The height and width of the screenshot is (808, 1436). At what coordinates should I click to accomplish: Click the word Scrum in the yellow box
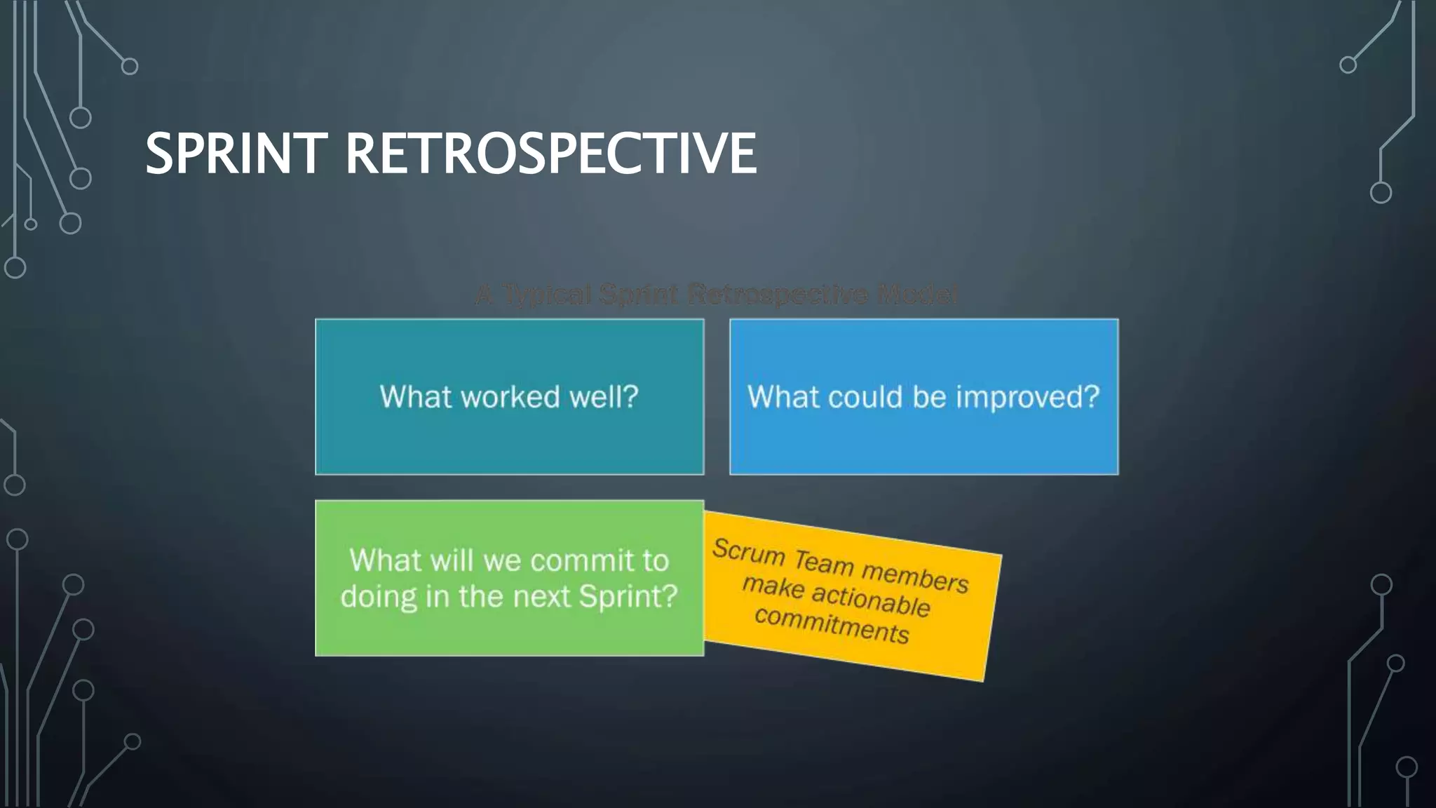tap(748, 551)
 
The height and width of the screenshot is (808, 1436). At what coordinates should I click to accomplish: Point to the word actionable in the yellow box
tap(871, 599)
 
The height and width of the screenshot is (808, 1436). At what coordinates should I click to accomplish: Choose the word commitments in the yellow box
tap(832, 624)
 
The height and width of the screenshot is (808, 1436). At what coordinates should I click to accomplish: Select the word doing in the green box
tap(378, 597)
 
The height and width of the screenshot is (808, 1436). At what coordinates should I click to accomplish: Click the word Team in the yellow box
tap(824, 562)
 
